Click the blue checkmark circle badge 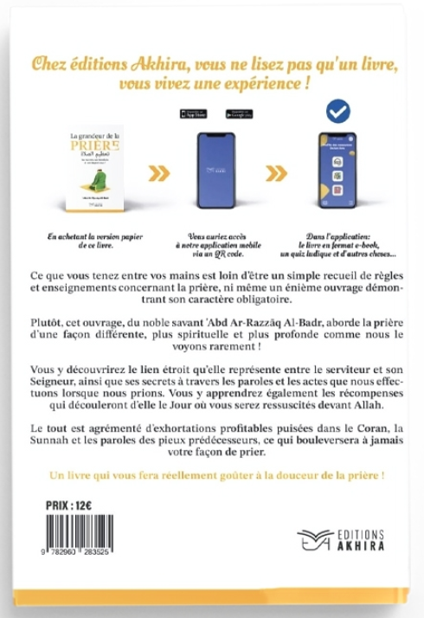[337, 112]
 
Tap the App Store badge [190, 113]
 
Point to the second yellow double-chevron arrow [279, 174]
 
